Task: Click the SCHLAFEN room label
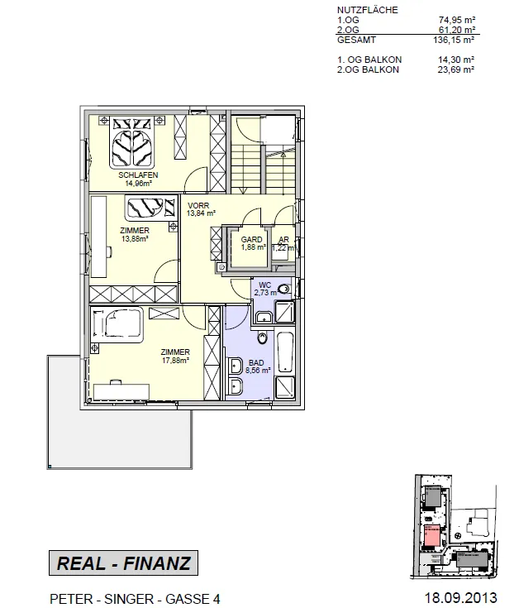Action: (138, 175)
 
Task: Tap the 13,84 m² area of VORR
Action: (201, 213)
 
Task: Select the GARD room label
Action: (251, 240)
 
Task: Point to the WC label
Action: (265, 285)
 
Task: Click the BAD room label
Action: (256, 362)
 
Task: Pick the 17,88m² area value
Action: (175, 360)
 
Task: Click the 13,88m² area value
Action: (135, 239)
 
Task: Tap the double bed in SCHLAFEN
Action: (131, 142)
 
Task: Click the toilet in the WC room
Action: (284, 289)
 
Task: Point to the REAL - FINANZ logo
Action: (124, 563)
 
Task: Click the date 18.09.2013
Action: (460, 597)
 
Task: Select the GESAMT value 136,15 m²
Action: (454, 40)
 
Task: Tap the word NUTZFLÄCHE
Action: (367, 10)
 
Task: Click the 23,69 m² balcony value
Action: (456, 69)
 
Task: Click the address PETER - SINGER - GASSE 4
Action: (135, 599)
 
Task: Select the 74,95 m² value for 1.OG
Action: (457, 20)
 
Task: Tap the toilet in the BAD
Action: (262, 338)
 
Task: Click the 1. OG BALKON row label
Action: (369, 60)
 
